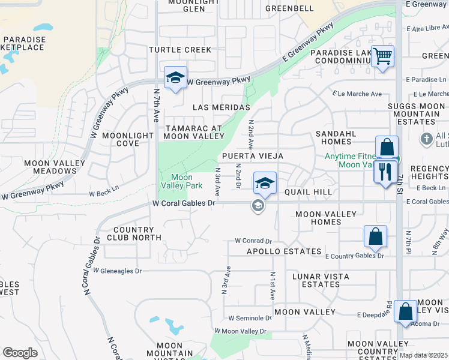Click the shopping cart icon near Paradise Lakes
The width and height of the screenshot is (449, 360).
pos(382,57)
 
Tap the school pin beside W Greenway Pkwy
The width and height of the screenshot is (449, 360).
pos(175,77)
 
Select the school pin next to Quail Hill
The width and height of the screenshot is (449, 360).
pos(264,184)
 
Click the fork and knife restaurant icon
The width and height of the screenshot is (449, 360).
pos(385,172)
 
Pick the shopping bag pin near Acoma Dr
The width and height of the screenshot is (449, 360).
pos(406,312)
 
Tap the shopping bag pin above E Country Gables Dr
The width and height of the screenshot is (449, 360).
pos(375,237)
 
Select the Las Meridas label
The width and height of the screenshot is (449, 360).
pos(221,107)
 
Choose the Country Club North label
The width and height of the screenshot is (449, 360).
pos(137,233)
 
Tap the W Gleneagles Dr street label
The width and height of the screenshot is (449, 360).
pos(117,271)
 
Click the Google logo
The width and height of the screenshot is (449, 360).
pos(20,352)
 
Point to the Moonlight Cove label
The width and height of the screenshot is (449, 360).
pos(128,139)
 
